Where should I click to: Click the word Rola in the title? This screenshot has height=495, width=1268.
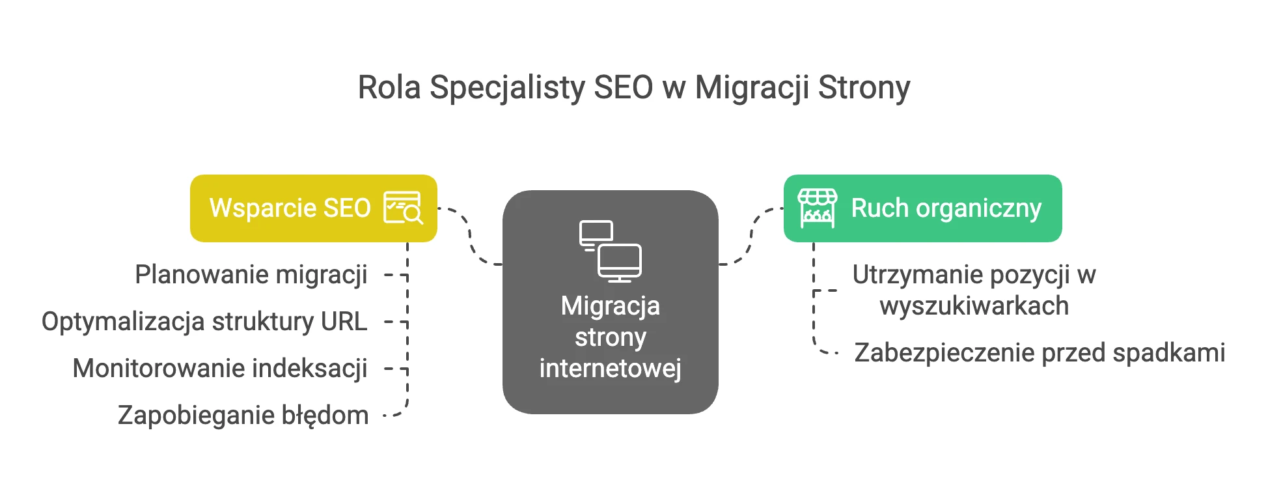[x=389, y=87]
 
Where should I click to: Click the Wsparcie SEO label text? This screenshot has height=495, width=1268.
[x=290, y=208]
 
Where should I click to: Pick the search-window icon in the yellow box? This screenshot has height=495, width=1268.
[x=403, y=208]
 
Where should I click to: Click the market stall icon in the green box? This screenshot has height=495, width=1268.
[x=818, y=208]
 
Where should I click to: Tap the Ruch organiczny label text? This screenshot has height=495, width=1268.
[x=946, y=209]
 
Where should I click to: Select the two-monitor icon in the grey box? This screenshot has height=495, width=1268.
[x=611, y=251]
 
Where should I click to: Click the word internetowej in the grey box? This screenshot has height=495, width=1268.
[x=611, y=369]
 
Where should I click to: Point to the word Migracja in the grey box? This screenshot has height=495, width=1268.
[x=611, y=306]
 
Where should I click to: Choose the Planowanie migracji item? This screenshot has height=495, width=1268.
[x=251, y=275]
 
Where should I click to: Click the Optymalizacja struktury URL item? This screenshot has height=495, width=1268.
[x=204, y=322]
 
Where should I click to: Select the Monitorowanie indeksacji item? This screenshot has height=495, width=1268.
[x=220, y=369]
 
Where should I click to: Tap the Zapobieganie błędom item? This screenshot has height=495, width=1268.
[x=243, y=416]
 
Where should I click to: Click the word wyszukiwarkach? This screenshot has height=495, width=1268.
[x=974, y=306]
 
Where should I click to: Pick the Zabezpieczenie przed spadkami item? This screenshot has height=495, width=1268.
[x=1040, y=353]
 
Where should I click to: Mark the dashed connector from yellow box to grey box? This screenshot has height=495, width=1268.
[x=470, y=236]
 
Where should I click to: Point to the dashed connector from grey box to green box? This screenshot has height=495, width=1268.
[x=751, y=236]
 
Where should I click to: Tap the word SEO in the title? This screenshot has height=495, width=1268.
[x=624, y=88]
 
